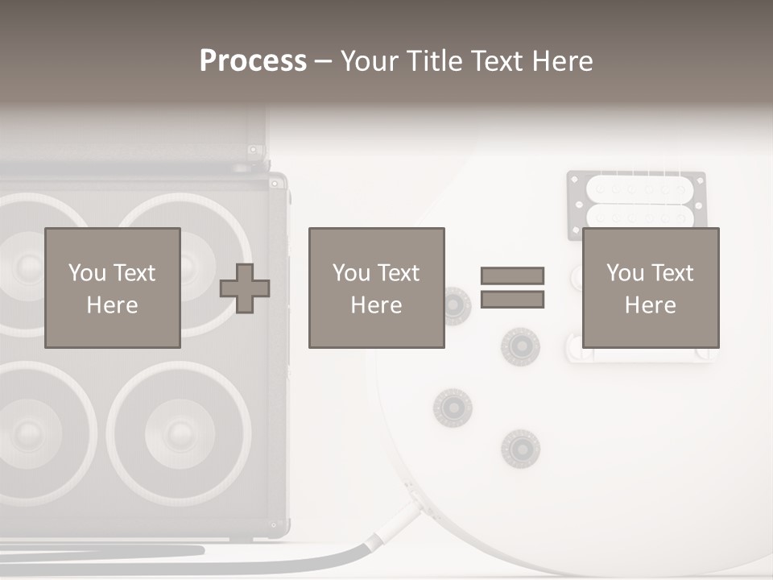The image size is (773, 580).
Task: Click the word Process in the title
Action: pyautogui.click(x=253, y=61)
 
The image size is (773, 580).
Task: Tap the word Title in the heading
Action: pyautogui.click(x=436, y=61)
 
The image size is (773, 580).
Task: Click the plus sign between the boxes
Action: pyautogui.click(x=245, y=288)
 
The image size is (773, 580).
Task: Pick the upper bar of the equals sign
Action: pyautogui.click(x=512, y=275)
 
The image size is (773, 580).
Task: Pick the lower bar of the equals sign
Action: pyautogui.click(x=512, y=300)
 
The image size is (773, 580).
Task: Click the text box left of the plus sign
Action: pyautogui.click(x=113, y=288)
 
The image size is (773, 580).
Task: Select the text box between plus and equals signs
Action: pyautogui.click(x=376, y=288)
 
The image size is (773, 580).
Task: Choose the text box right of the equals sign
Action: pyautogui.click(x=650, y=288)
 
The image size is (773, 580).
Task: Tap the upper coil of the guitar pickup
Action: pyautogui.click(x=639, y=189)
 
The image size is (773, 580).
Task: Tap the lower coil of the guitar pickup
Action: pyautogui.click(x=639, y=215)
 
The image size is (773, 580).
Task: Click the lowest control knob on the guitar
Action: pyautogui.click(x=519, y=448)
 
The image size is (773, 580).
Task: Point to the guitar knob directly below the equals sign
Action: pyautogui.click(x=519, y=346)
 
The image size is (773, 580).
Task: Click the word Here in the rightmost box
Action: pyautogui.click(x=650, y=305)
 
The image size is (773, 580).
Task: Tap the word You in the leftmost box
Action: pyautogui.click(x=87, y=273)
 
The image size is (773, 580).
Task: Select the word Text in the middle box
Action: pyautogui.click(x=398, y=273)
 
